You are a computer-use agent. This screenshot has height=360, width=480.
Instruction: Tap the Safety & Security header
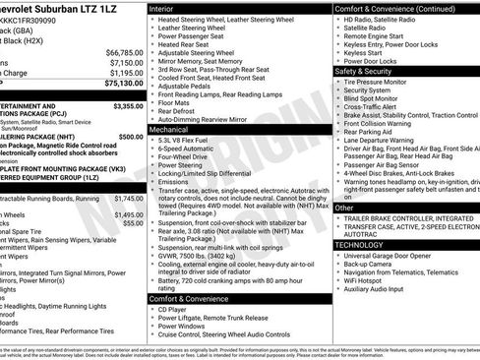coord(367,72)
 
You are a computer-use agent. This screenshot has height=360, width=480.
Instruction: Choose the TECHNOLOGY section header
coord(365,244)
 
